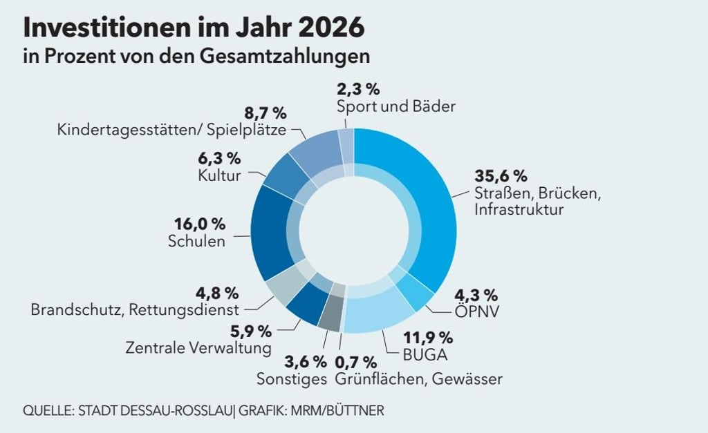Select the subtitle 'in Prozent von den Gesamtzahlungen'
[196, 56]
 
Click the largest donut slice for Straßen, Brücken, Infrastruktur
[422, 200]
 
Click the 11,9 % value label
[428, 338]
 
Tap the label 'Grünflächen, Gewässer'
[418, 379]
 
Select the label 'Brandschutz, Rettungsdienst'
[135, 309]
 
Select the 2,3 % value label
[358, 89]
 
